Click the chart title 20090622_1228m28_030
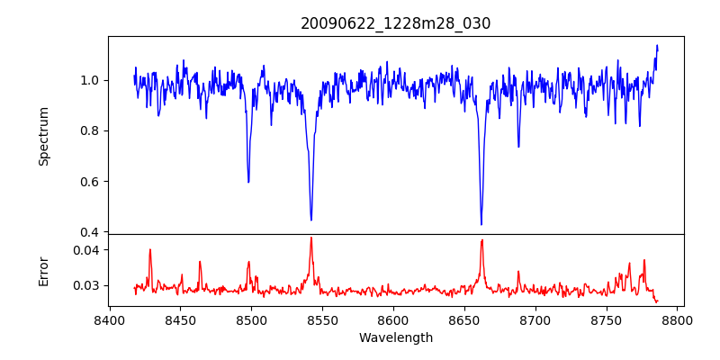396,23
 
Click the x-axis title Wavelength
396,338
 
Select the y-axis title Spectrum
43,136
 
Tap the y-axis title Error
43,271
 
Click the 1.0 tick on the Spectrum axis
91,80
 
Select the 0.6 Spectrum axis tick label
91,181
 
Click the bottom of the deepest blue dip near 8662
481,224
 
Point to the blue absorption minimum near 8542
311,220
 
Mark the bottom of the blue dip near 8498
248,182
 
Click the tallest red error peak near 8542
311,238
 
